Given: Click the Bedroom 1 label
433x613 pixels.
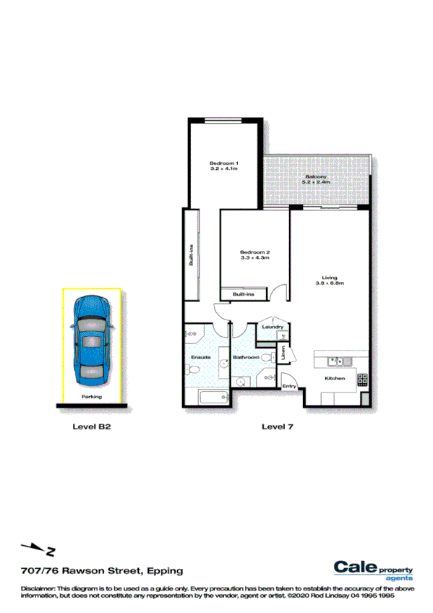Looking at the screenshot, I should point(224,163).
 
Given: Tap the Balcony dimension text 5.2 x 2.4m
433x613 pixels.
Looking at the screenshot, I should point(317,183).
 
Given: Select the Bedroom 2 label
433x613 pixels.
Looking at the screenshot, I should point(254,252).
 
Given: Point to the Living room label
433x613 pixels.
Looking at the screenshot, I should point(330,277).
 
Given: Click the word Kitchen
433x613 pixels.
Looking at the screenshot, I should point(334,379).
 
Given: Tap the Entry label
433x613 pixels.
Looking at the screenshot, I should point(289,387).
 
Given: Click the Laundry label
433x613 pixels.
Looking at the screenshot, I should point(273,327).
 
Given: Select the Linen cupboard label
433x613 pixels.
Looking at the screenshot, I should point(284,353).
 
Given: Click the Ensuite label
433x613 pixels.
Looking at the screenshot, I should point(200,358).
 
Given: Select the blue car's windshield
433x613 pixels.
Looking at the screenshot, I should point(92,322).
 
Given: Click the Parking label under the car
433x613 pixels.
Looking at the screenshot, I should point(92,397).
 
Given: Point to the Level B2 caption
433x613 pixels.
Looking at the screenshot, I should point(91,427).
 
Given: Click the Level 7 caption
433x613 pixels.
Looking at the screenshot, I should point(277,427).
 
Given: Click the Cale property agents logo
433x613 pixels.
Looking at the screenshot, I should point(373,570).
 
